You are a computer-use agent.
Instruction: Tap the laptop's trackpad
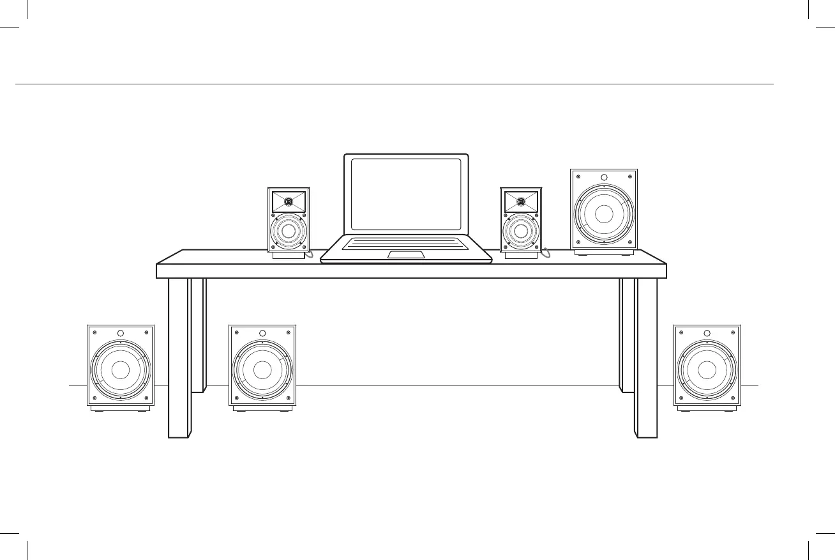coord(406,254)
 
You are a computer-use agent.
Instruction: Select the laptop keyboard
coord(406,243)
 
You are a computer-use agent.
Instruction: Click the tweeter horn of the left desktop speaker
coord(288,202)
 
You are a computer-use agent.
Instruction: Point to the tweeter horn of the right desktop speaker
coord(521,202)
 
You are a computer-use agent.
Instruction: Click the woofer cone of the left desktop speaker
coord(288,231)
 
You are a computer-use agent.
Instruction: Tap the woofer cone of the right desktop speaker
coord(521,231)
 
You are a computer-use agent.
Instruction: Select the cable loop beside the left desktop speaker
coord(310,254)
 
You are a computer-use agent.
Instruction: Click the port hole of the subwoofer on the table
coord(604,177)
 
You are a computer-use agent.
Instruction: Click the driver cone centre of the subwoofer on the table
coord(604,214)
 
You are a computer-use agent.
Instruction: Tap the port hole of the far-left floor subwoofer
coord(121,333)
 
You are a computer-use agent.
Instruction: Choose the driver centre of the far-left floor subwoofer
coord(121,369)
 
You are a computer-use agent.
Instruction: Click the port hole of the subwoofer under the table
coord(262,333)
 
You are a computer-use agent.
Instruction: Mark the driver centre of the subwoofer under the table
coord(262,369)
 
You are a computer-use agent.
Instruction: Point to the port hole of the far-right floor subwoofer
coord(707,333)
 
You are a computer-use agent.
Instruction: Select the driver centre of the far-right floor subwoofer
coord(707,369)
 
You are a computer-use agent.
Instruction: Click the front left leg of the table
coord(179,358)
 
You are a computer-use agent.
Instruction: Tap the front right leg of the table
coord(646,358)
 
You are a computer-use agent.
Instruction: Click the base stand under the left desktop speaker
coord(289,256)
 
